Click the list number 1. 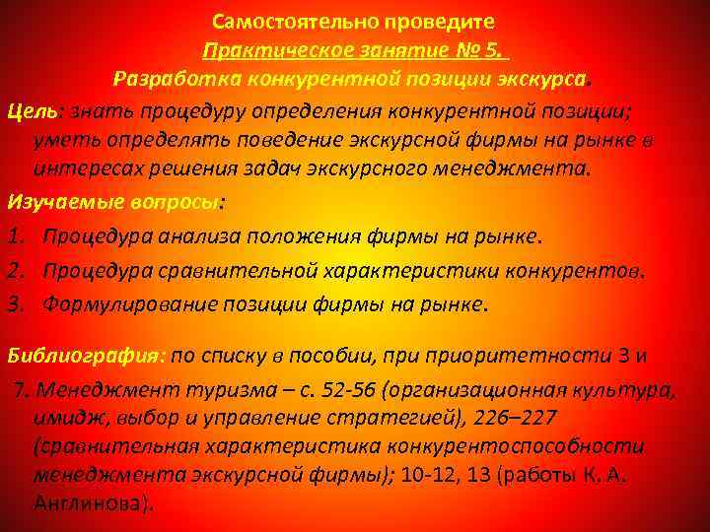(x=15, y=236)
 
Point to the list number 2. (x=15, y=270)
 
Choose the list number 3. (x=15, y=303)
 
